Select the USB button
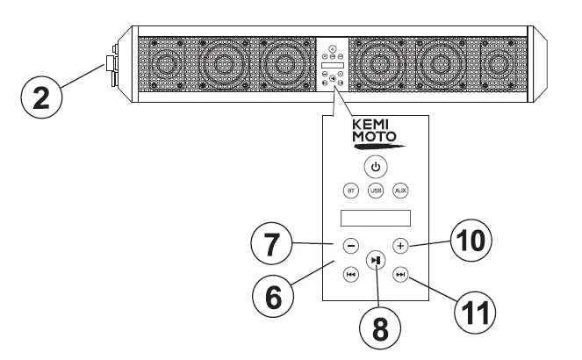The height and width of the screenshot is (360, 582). [375, 190]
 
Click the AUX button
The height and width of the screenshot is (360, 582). [400, 190]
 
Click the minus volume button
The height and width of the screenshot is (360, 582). [350, 247]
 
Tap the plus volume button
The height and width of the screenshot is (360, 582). [400, 247]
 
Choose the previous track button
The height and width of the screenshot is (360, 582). [350, 275]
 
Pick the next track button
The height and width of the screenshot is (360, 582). [400, 275]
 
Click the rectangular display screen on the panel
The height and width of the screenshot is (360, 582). [375, 218]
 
